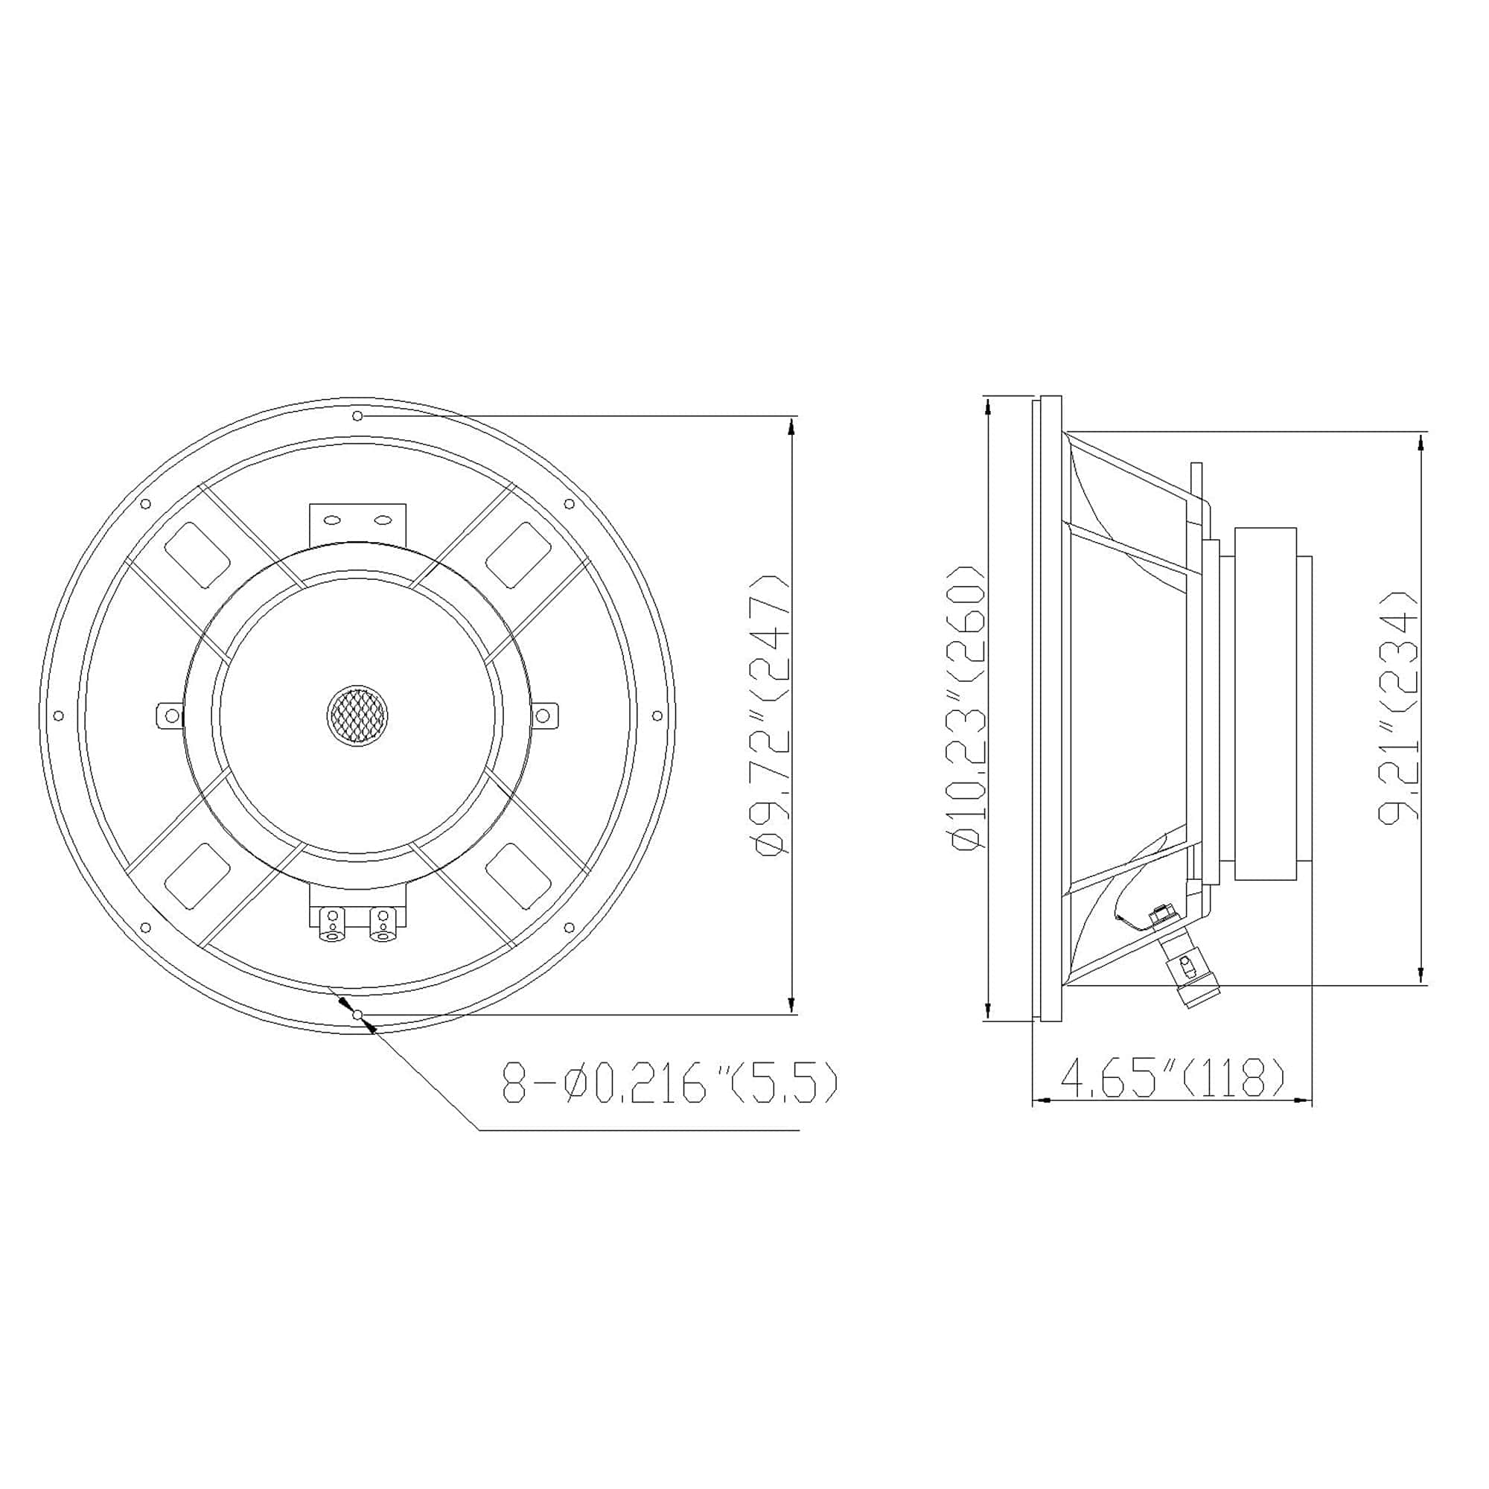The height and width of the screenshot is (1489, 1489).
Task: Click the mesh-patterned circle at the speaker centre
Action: point(357,715)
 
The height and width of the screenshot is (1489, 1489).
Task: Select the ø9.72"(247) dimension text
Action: point(773,715)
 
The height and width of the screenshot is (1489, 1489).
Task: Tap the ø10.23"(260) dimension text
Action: point(969,707)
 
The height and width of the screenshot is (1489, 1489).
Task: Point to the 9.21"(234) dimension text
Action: point(1398,707)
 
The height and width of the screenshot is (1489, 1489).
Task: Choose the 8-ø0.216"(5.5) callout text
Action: point(669,1083)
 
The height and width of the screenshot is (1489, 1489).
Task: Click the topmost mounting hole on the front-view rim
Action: point(357,416)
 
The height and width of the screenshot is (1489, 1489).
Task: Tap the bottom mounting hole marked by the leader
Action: point(357,1015)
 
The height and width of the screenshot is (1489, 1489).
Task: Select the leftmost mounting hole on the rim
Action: point(59,716)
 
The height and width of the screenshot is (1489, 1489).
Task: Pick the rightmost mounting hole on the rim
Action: point(657,716)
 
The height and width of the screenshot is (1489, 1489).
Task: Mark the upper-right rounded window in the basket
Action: point(518,552)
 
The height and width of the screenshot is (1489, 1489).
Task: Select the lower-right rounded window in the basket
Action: point(518,875)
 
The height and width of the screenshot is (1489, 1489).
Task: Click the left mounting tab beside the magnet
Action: point(170,716)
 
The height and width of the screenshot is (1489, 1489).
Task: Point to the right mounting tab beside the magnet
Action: point(544,716)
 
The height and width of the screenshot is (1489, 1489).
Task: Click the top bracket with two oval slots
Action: point(357,522)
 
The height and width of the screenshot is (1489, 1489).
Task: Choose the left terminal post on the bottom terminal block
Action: point(333,924)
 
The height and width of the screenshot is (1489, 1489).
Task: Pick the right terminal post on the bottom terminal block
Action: point(381,924)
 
